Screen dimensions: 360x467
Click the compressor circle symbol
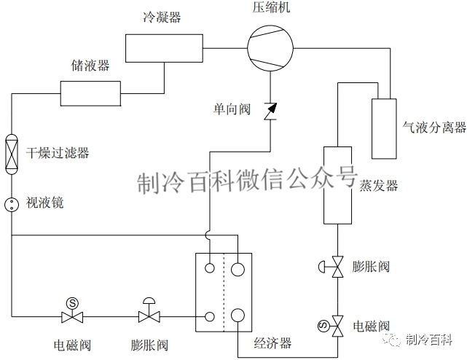coord(269,48)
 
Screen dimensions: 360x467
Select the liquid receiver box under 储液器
coord(90,93)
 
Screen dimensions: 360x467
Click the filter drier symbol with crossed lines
coord(12,153)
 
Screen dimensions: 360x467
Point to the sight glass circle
coord(12,203)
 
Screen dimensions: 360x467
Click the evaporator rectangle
coord(338,185)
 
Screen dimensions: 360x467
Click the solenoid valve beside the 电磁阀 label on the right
coord(337,324)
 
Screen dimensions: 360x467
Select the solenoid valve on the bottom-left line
coord(72,315)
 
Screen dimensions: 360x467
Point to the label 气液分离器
coord(434,128)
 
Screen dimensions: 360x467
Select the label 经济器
coord(272,342)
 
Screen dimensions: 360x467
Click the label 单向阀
coord(232,109)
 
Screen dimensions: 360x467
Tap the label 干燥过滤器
coord(58,153)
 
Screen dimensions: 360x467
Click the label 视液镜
coord(44,203)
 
